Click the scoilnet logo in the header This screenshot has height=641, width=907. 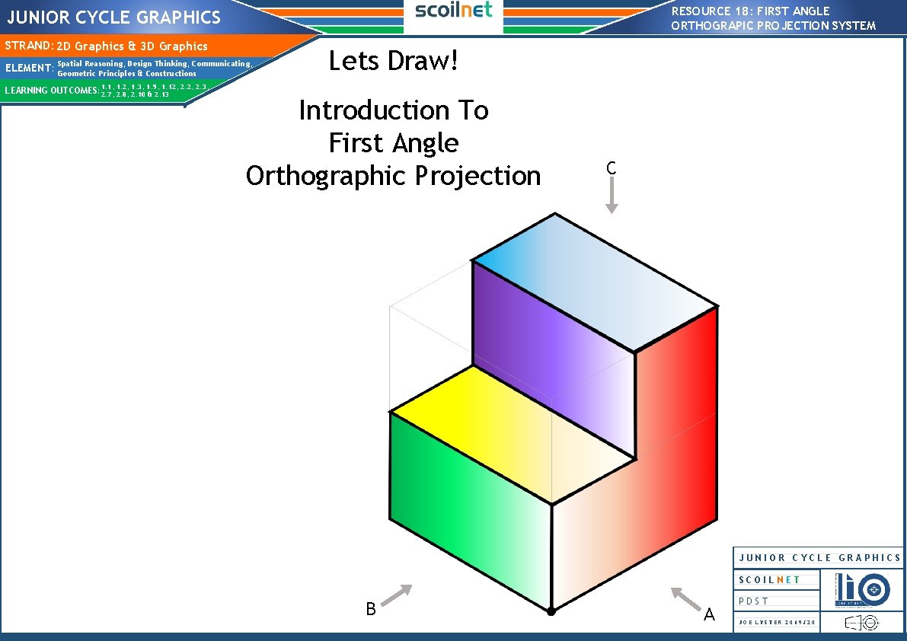coord(453,10)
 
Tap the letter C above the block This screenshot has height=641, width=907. coord(611,169)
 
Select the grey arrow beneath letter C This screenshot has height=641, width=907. coord(612,198)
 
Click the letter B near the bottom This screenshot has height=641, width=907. coord(371,609)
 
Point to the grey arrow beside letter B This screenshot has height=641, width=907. coord(396,595)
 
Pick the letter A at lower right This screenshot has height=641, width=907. coord(710,614)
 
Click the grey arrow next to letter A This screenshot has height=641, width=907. coord(686,598)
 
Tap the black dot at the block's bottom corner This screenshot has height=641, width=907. coord(551,611)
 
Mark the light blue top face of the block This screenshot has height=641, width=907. coord(594,282)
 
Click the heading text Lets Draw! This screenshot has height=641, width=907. coord(394,61)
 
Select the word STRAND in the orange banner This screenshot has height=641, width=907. coord(27,46)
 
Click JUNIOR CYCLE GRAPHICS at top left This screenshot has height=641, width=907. coord(114,17)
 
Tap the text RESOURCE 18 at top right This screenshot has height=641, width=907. coord(708,11)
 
